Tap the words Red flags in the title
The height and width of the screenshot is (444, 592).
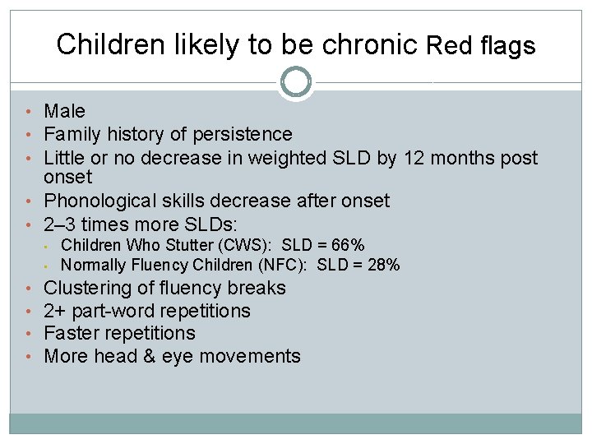click(x=481, y=46)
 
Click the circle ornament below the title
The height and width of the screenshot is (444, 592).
click(x=296, y=82)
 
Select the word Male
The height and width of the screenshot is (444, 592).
click(x=64, y=111)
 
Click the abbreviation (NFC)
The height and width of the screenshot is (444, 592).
click(x=284, y=265)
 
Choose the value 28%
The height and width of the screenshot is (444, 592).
click(x=382, y=265)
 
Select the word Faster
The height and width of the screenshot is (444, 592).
click(x=72, y=333)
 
